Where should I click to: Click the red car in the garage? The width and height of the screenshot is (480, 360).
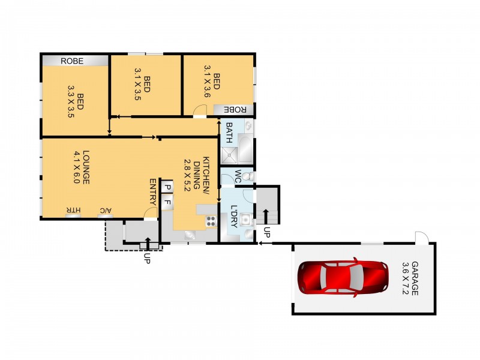point(343,277)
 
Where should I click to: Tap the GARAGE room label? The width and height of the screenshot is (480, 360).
point(415,278)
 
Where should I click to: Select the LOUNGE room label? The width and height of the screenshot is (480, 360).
point(86,167)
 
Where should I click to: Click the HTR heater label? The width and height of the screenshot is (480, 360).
point(73,211)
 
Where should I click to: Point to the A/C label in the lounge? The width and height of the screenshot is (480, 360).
point(106,211)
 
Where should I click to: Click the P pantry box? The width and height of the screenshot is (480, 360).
point(167,187)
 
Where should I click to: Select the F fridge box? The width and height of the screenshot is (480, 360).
point(167,202)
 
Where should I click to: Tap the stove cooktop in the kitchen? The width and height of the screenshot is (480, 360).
point(211,221)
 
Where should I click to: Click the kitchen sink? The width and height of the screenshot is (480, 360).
point(190,235)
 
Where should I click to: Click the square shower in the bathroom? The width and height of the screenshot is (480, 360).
point(229,155)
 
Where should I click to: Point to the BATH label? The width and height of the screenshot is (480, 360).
point(229,133)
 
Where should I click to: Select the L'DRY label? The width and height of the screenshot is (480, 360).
point(233,216)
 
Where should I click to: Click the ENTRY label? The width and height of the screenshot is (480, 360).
point(153,191)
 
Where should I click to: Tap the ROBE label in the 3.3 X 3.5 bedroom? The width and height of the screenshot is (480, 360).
point(72,61)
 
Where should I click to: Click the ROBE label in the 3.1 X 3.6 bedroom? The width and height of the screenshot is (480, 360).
point(235,110)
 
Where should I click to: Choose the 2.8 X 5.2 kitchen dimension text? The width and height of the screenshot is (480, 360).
point(187,175)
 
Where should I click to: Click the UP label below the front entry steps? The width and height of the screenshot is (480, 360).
point(147,259)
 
